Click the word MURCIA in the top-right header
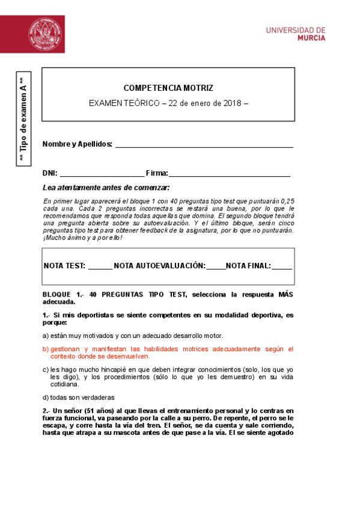tap(312, 37)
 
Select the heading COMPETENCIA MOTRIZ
tap(168, 88)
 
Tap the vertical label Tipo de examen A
tap(23, 120)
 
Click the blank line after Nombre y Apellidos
tap(204, 144)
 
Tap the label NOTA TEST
tap(64, 266)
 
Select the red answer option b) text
tap(168, 352)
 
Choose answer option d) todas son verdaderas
tap(78, 397)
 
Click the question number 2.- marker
tap(47, 410)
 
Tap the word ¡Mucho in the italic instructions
tap(55, 238)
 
